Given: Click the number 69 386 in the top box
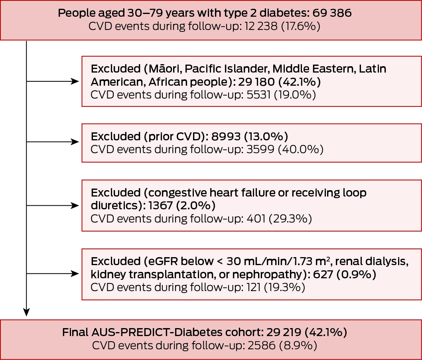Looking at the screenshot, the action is click(332, 13).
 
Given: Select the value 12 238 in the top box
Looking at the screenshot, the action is click(261, 26).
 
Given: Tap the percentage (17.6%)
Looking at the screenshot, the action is click(301, 26).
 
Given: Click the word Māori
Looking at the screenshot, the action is click(164, 69).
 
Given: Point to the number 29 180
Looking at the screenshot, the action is click(256, 82).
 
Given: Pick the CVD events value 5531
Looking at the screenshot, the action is click(258, 95).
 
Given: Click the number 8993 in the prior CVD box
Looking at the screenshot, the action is click(226, 136).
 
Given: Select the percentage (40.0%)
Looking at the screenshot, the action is click(301, 150).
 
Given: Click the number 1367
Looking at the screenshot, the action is click(160, 206).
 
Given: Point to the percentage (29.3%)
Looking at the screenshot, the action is click(290, 218).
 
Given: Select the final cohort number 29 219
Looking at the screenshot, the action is click(284, 332).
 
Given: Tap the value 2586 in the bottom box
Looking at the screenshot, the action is click(261, 346).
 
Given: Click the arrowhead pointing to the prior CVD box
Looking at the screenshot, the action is click(75, 142).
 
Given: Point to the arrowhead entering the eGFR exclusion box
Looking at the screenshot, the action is click(75, 273).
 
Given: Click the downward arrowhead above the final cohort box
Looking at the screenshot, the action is click(26, 312).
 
